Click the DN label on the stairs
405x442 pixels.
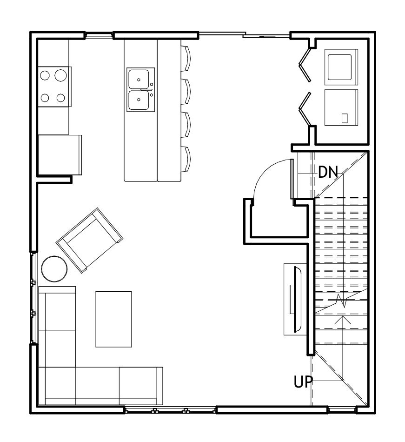(328, 172)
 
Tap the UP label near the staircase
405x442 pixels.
(303, 382)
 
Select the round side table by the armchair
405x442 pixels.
(54, 268)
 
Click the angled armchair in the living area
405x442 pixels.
(90, 241)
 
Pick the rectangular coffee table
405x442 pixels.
(113, 319)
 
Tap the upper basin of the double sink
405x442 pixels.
(139, 80)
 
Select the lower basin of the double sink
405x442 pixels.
(139, 100)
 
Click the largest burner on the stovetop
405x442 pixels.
(60, 75)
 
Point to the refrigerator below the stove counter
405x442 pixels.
(60, 155)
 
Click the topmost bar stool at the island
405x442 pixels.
(186, 58)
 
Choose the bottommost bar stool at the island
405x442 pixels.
(186, 159)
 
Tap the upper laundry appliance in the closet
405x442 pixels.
(341, 67)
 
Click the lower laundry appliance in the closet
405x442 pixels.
(341, 107)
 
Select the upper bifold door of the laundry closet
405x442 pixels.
(305, 65)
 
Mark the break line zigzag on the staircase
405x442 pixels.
(341, 301)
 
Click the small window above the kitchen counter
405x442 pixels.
(99, 35)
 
